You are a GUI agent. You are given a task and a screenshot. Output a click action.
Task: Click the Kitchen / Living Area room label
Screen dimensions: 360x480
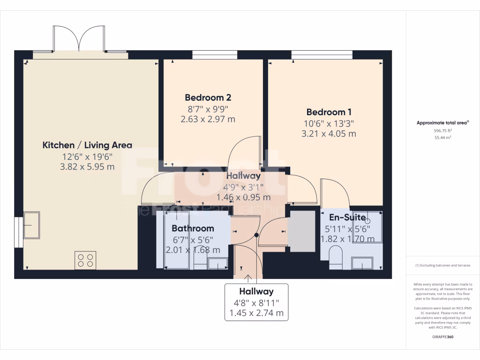87,145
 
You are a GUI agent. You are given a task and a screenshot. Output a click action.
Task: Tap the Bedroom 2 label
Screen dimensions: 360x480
208,98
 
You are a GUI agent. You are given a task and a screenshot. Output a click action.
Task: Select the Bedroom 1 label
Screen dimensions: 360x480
329,112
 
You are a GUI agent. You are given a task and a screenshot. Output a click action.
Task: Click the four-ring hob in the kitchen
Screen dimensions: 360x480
85,260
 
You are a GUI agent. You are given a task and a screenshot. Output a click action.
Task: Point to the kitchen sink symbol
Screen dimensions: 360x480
31,225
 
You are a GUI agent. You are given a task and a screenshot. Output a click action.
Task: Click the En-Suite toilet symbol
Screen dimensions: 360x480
336,259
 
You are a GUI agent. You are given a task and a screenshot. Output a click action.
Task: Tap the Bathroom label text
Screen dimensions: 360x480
193,229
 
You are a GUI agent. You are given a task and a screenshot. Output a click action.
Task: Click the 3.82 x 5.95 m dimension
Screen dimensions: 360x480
87,167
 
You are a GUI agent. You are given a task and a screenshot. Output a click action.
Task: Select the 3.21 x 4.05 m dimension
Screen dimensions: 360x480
329,134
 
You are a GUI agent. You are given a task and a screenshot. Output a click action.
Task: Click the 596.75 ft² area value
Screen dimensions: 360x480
443,131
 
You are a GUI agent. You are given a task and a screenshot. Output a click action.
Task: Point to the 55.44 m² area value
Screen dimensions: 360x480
443,138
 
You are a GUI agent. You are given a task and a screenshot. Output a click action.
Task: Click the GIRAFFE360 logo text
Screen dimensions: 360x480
443,337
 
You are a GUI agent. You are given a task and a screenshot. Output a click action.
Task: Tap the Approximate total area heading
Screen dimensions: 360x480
442,123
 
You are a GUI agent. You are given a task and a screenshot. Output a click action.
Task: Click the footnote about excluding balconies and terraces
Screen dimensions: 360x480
443,265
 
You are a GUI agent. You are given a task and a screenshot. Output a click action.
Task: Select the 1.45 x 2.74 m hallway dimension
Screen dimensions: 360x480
256,312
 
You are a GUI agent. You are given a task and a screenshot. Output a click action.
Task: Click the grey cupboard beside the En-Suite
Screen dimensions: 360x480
301,231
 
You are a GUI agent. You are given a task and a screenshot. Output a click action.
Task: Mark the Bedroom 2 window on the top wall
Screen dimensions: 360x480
215,55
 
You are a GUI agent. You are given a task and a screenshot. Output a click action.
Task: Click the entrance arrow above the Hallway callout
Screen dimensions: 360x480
248,279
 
